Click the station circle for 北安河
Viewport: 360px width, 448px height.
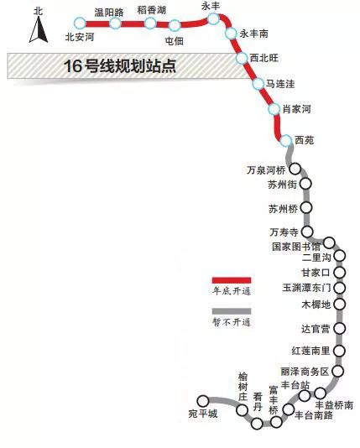(x=80, y=23)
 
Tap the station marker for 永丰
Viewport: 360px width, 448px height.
(x=213, y=18)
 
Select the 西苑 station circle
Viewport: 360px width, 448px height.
(x=285, y=141)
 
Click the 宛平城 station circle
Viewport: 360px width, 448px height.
(x=203, y=401)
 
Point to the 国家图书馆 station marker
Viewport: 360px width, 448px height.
(x=329, y=242)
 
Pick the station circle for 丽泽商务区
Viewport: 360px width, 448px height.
(x=338, y=371)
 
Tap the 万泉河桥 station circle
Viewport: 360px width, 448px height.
(x=295, y=169)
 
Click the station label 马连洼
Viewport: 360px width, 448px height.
(x=280, y=84)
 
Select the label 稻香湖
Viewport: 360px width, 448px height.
(x=151, y=10)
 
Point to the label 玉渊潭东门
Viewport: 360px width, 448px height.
(x=306, y=288)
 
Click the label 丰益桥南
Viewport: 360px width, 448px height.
(x=334, y=405)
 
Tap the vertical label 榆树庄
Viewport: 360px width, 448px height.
(x=243, y=387)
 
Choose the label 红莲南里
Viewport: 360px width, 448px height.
(x=310, y=351)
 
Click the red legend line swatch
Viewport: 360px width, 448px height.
(x=232, y=280)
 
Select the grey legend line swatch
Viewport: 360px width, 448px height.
(x=232, y=311)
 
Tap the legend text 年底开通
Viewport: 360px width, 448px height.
(x=232, y=291)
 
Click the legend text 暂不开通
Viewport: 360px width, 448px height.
(x=232, y=322)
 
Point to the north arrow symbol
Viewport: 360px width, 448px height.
(x=39, y=29)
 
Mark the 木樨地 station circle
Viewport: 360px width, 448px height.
(x=339, y=304)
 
